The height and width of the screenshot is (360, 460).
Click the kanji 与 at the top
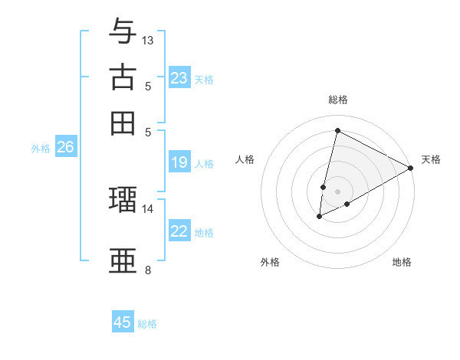122,31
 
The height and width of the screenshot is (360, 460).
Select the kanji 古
122,77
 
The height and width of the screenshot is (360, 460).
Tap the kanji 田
122,123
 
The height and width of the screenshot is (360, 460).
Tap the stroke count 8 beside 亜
148,270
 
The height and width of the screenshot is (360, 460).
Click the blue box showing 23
179,78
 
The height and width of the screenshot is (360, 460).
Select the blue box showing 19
179,162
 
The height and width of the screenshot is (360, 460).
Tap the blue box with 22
179,231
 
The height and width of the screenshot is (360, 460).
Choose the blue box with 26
65,148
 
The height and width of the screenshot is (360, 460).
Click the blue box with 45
123,322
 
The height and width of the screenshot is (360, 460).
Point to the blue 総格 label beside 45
147,324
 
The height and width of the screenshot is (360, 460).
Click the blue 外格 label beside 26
41,149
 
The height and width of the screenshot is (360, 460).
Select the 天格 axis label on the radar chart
431,159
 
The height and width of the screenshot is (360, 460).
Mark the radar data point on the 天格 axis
411,168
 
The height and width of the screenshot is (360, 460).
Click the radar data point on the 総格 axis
337,130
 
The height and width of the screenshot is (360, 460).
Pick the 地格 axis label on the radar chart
402,263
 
